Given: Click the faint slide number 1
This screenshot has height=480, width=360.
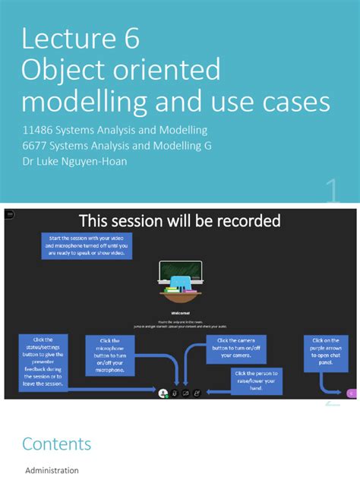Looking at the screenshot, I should tap(331, 191).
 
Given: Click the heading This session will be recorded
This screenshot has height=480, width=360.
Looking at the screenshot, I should tap(180, 221).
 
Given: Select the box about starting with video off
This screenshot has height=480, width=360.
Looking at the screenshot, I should tap(86, 246).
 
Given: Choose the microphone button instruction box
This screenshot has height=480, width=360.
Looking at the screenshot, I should tap(110, 356).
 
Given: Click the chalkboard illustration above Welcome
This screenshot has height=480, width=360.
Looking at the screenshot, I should tap(180, 273).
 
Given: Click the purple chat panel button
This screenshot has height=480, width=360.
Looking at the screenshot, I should tap(352, 393).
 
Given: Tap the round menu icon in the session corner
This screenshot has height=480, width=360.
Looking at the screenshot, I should tap(10, 215).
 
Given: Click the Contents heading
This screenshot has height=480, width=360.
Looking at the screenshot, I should tap(56, 444).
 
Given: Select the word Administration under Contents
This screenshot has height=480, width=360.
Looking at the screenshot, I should tap(52, 471).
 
